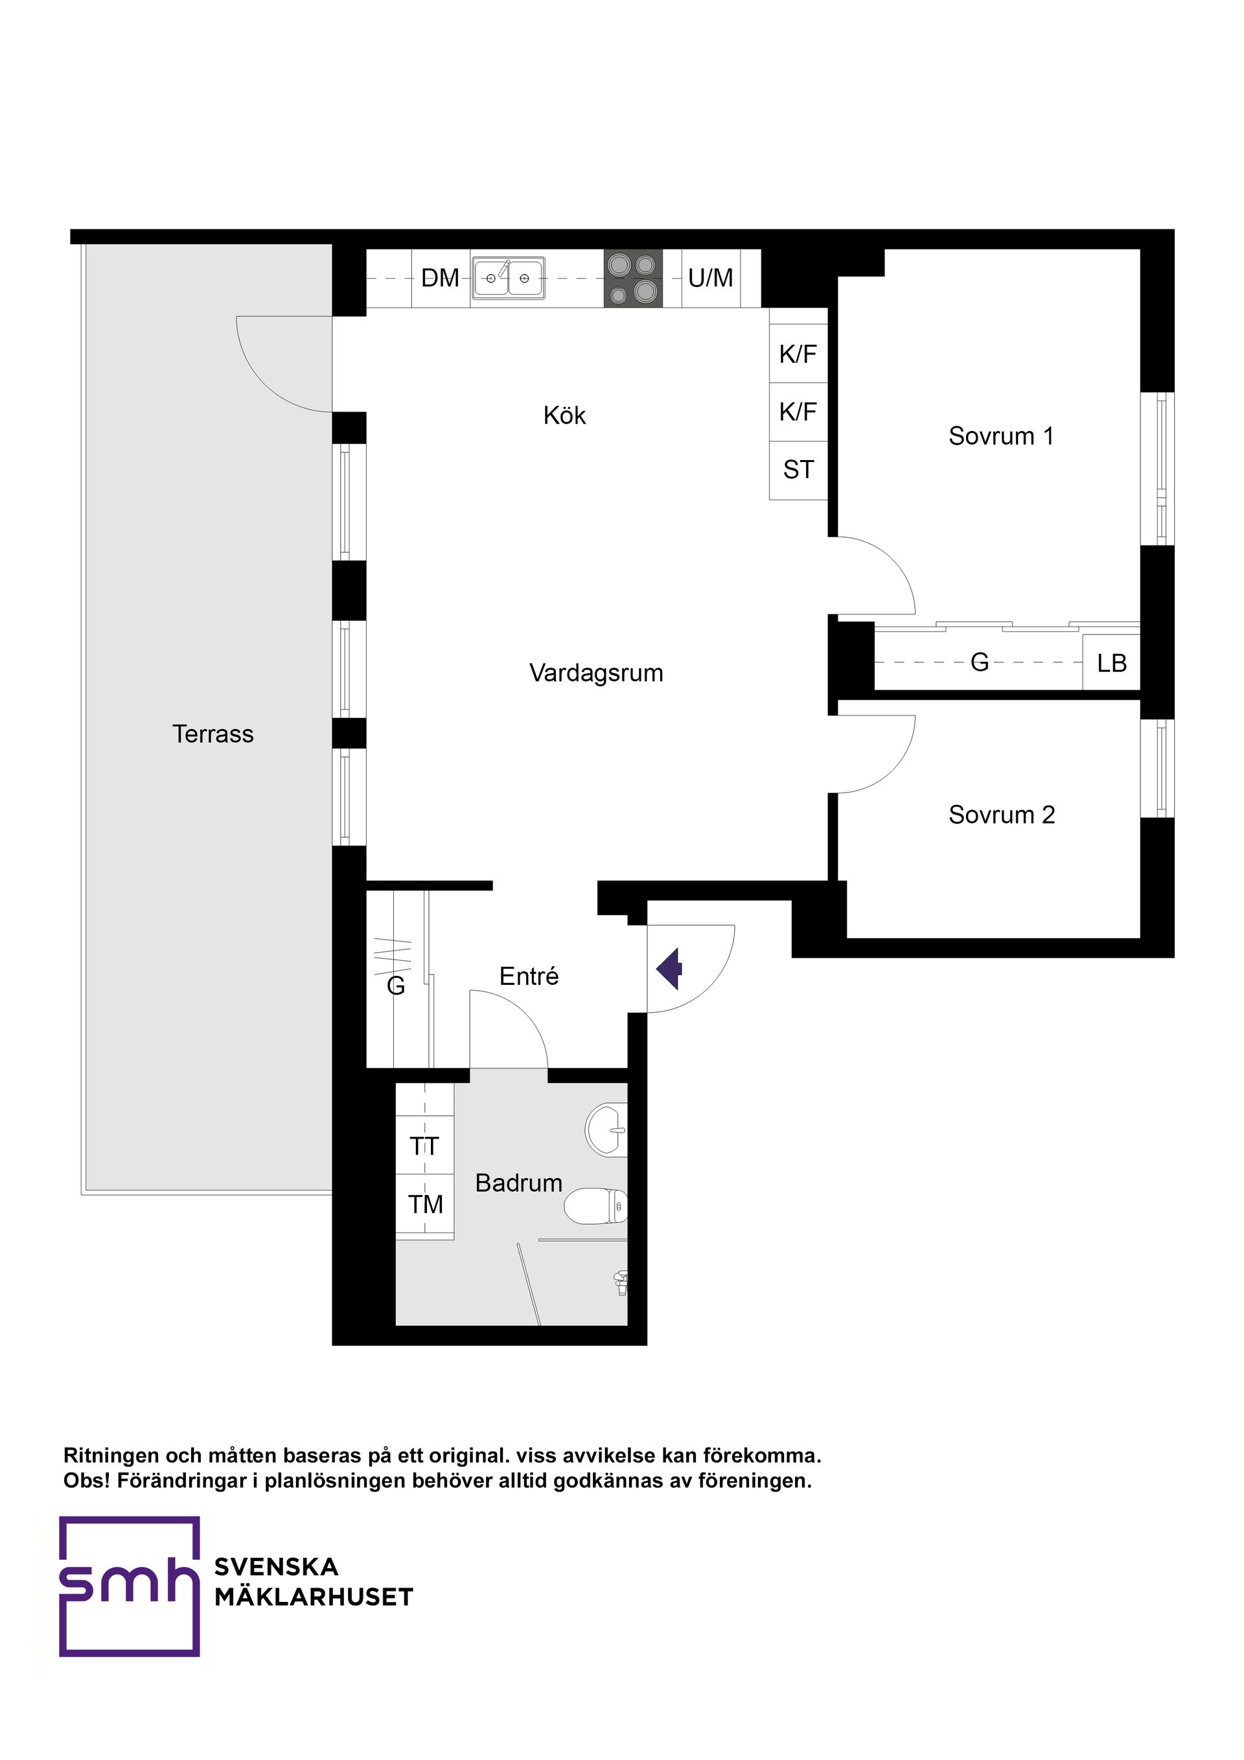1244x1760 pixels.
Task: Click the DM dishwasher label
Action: (440, 277)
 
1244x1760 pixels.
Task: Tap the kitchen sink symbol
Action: (508, 278)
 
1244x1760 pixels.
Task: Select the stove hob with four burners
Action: (633, 278)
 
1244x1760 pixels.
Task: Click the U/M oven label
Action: (711, 277)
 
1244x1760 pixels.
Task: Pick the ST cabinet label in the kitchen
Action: (798, 469)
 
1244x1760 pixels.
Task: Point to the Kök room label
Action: (564, 415)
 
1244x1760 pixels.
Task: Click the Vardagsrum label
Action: (596, 673)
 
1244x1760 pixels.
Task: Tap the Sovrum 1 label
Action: (1001, 436)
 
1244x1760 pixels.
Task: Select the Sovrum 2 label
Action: (1001, 814)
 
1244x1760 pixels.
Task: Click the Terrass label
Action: (213, 734)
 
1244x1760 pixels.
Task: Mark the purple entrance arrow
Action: (669, 969)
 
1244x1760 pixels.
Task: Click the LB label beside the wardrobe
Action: (1111, 663)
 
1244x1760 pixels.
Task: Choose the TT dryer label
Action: (424, 1147)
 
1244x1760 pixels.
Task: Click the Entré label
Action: (529, 977)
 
